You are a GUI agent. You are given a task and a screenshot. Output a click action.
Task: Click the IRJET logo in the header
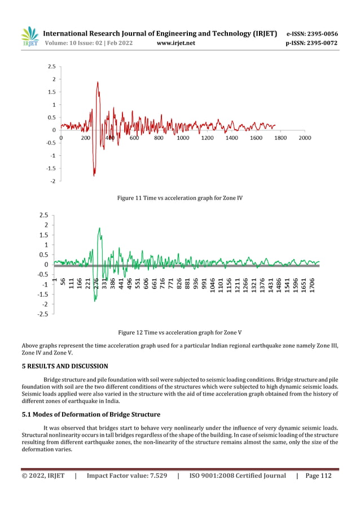coord(29,37)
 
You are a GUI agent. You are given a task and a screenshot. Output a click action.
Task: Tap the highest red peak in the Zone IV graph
coord(98,82)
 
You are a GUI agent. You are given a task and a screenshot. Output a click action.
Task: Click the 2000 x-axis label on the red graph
coord(305,138)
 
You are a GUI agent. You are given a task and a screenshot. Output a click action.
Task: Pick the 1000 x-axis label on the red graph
coord(183,138)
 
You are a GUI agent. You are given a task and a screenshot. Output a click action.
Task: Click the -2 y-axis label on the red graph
coord(52,181)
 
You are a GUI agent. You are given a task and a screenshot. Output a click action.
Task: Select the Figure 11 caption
coord(179,198)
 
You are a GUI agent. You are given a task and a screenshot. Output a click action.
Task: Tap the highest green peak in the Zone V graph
coord(99,229)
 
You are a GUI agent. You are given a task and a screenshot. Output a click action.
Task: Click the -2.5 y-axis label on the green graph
coord(43,314)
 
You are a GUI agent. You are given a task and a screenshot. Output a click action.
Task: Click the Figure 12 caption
coord(179,332)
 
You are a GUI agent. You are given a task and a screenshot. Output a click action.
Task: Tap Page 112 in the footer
coord(318,476)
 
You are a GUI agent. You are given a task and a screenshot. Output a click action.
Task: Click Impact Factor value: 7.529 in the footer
coord(126,476)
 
